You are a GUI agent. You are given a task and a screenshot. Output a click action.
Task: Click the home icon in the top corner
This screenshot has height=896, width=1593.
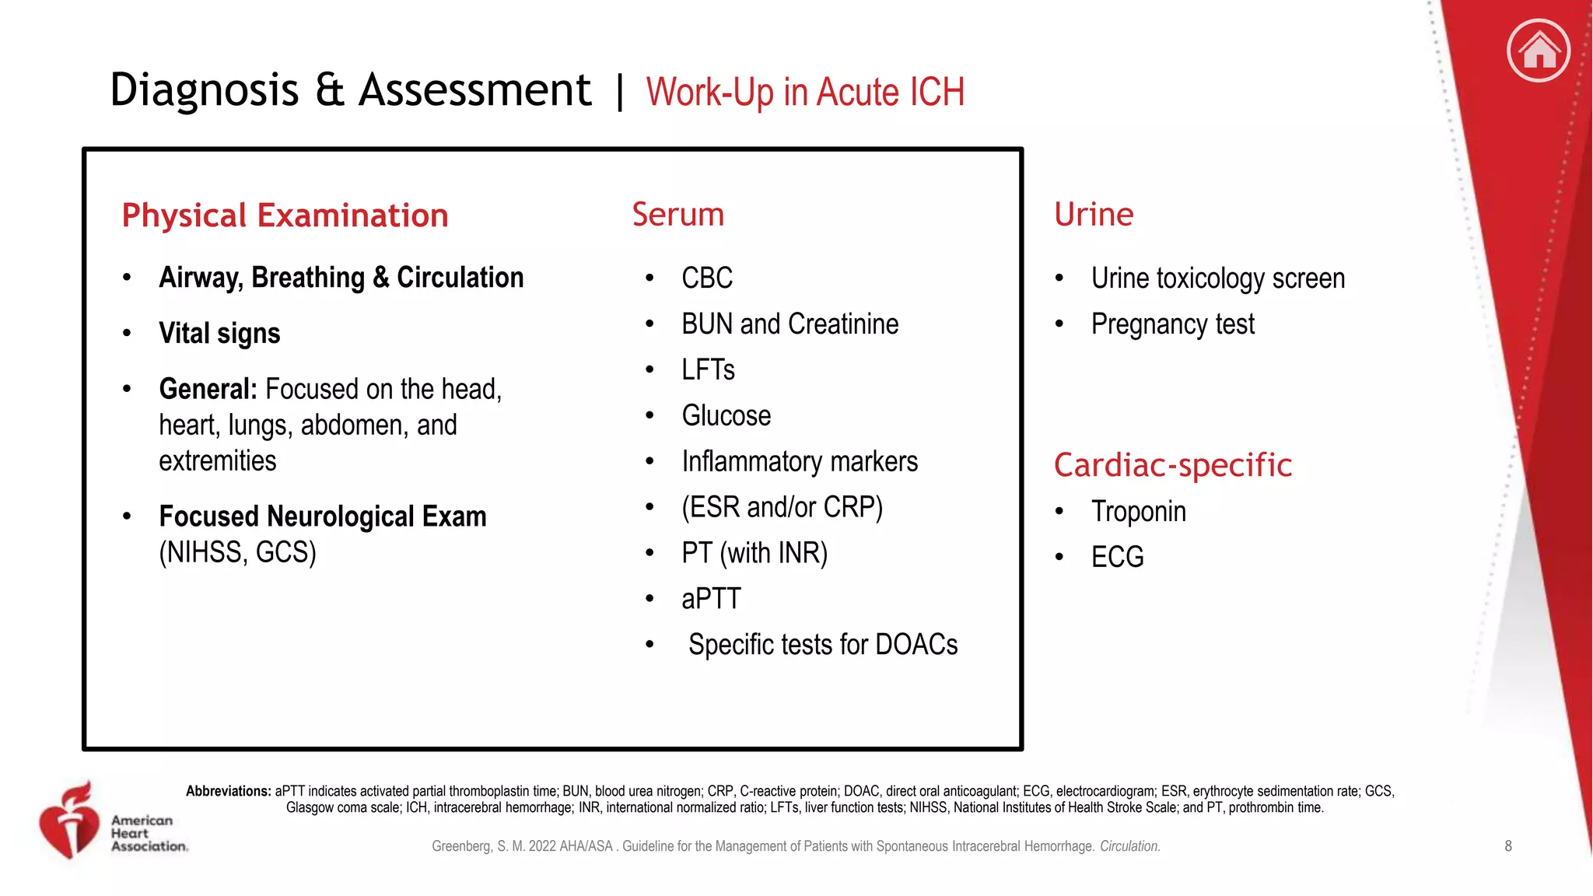[x=1538, y=51]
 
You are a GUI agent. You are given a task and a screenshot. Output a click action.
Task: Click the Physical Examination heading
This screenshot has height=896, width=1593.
[x=285, y=215]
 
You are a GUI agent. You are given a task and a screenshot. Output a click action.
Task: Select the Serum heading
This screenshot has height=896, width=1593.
[x=677, y=214]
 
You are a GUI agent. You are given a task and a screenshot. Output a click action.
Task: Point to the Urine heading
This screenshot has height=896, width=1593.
[x=1093, y=214]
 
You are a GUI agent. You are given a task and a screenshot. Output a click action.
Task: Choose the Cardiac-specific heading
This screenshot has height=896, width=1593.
[x=1172, y=465]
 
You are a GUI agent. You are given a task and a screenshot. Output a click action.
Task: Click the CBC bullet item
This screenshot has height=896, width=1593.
[x=706, y=278]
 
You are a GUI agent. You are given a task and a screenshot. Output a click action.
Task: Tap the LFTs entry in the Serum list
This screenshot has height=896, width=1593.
[x=707, y=369]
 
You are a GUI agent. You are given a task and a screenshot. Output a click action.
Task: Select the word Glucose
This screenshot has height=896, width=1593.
[x=726, y=415]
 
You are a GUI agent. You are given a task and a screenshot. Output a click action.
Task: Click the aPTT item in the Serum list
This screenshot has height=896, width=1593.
[x=710, y=599]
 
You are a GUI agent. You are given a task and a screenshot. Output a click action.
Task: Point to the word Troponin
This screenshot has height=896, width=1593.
[x=1138, y=511]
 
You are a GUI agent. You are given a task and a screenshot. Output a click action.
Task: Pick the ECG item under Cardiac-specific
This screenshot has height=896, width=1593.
[x=1117, y=557]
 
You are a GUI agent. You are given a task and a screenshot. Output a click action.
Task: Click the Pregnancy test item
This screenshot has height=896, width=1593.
[x=1172, y=324]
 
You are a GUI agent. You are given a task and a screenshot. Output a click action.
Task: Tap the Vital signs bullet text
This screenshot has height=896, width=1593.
[x=219, y=333]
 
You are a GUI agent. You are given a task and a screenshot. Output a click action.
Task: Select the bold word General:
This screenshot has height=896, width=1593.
[x=208, y=389]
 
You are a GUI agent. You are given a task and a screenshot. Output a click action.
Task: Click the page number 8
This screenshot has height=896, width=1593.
[x=1508, y=846]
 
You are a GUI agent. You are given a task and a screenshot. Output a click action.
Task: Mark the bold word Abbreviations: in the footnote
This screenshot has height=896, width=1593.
[x=228, y=791]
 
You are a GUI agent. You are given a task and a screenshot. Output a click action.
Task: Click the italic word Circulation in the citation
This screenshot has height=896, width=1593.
[x=1129, y=846]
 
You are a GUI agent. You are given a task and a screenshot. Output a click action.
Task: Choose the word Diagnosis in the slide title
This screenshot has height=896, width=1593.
[x=204, y=89]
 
